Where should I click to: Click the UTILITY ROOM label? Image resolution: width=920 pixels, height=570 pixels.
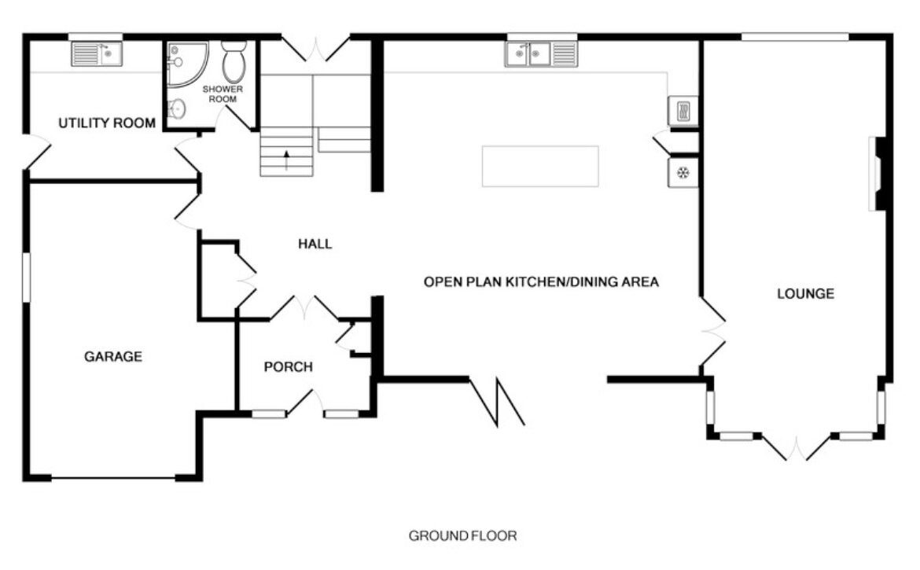click(x=107, y=123)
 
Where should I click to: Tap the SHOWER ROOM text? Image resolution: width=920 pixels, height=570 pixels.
click(x=223, y=94)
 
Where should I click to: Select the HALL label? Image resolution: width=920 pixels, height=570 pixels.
click(x=315, y=244)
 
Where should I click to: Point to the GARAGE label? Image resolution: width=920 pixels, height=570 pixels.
click(x=113, y=356)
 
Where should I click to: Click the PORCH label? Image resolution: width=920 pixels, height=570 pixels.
click(x=288, y=367)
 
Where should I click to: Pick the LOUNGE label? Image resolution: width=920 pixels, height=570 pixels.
click(x=805, y=294)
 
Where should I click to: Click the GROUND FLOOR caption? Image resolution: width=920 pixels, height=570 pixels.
click(x=463, y=536)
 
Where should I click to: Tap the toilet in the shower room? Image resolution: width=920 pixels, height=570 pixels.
click(x=234, y=61)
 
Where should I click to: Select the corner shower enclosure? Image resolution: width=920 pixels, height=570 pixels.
click(x=187, y=64)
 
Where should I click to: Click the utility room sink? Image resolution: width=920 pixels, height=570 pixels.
click(x=97, y=54)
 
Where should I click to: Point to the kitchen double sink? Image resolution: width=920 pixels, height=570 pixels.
click(x=541, y=54)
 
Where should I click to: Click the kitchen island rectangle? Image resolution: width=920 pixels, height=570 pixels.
click(x=540, y=167)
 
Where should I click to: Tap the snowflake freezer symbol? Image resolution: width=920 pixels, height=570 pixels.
click(x=683, y=173)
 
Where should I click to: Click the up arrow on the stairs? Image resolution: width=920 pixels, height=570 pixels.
click(x=286, y=160)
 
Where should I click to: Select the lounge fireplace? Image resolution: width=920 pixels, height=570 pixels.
click(x=878, y=174)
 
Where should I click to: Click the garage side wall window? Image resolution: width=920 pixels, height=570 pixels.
click(x=26, y=278)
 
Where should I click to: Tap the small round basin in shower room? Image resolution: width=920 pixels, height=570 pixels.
click(x=177, y=108)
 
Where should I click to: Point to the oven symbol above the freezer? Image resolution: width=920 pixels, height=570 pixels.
click(x=683, y=111)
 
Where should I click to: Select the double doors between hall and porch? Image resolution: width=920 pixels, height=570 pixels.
click(x=304, y=307)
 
